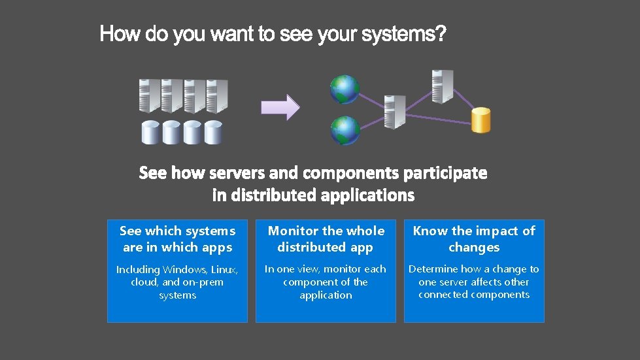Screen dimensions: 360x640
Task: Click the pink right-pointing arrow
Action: coord(280,107)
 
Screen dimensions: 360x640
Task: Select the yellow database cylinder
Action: coord(480,120)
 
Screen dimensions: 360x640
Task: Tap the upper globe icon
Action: coord(345,90)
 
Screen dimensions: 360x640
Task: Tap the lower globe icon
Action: coord(345,131)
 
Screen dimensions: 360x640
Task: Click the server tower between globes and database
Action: coord(395,112)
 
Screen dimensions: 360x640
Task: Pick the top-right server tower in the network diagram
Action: coord(442,86)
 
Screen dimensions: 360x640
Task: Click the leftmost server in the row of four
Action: coord(149,96)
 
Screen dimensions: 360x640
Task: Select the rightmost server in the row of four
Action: coord(216,96)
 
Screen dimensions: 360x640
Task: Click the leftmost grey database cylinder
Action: coord(152,132)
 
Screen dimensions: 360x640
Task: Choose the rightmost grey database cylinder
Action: coord(213,132)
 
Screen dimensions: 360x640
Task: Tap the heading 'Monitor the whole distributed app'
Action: coord(326,239)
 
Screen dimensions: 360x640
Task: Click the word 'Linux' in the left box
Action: coord(223,269)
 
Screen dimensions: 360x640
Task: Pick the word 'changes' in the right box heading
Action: coord(474,248)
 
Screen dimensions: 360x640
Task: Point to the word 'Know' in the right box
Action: coord(430,231)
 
